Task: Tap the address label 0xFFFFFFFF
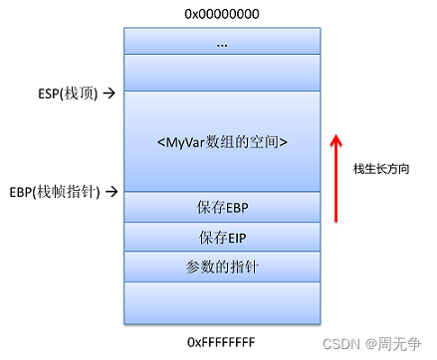(222, 340)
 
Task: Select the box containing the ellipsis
(222, 42)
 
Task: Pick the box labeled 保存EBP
(222, 208)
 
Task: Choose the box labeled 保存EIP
(222, 238)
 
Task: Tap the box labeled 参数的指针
(222, 267)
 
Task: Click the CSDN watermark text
(345, 342)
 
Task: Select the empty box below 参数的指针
(222, 302)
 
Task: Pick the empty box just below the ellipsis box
(222, 73)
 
